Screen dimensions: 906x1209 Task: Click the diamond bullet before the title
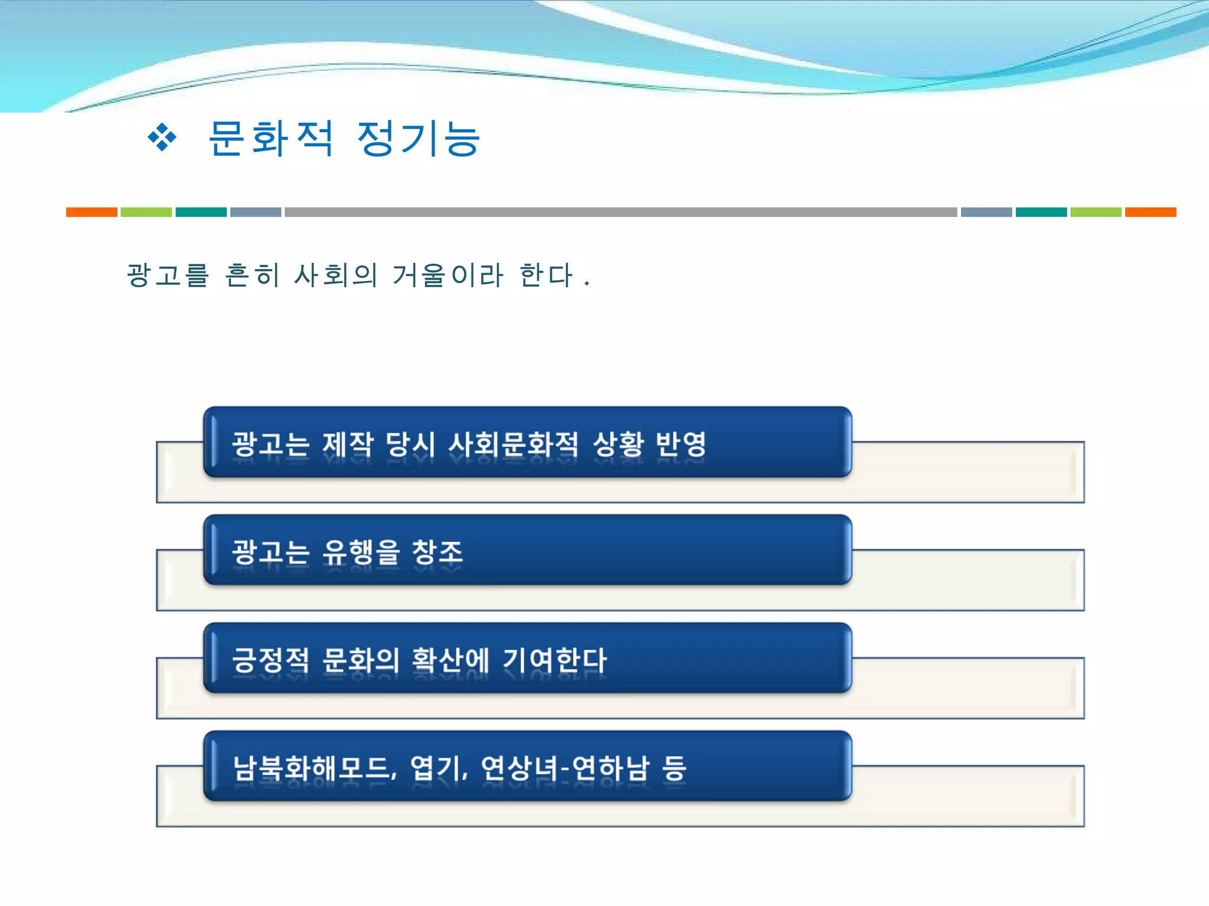tap(162, 138)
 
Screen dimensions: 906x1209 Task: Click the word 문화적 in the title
tap(271, 138)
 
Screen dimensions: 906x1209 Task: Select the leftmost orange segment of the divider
tap(92, 212)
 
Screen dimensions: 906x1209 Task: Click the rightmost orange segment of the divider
tap(1150, 212)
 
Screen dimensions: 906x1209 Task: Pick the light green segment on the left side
tap(146, 212)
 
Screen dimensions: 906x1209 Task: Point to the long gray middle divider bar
tap(620, 212)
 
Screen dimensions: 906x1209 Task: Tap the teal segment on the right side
tap(1041, 212)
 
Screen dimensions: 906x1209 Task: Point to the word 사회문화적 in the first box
tap(514, 444)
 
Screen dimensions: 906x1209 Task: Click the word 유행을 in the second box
tap(361, 553)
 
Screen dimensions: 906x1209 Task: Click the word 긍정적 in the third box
tap(270, 660)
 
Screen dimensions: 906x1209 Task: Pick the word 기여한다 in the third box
tap(554, 660)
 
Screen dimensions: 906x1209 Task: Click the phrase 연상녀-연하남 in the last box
tap(565, 768)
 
